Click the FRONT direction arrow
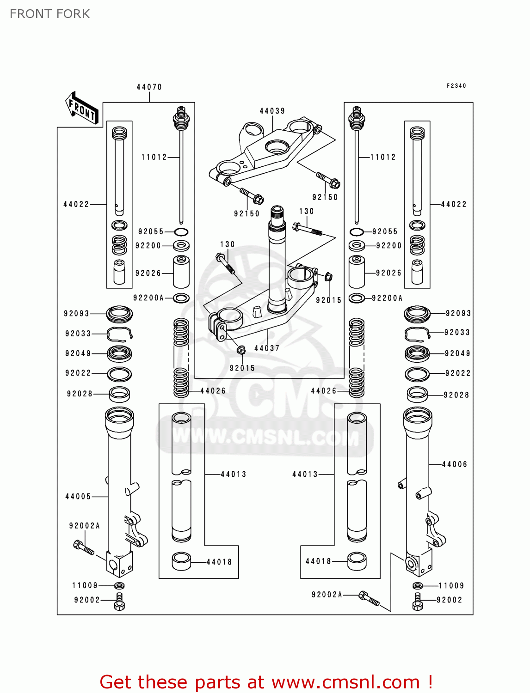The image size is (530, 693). point(83,109)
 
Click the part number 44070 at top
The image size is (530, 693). point(149,87)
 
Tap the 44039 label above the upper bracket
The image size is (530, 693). point(272,111)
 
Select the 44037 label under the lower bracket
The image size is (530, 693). point(267,348)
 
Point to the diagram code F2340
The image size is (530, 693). point(456,85)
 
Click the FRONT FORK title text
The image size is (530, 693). point(49,14)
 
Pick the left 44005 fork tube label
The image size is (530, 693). point(78,497)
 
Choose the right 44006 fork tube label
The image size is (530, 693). point(454,464)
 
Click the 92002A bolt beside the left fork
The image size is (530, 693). point(84,547)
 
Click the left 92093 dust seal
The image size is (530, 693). point(119,314)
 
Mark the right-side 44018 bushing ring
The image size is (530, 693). point(357,561)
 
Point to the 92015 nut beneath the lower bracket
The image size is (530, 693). point(241,350)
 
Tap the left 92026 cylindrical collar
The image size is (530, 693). point(181,272)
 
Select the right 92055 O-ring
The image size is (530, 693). point(357,232)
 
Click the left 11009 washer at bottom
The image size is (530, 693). point(119,586)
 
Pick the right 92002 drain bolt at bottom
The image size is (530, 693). point(418,602)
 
